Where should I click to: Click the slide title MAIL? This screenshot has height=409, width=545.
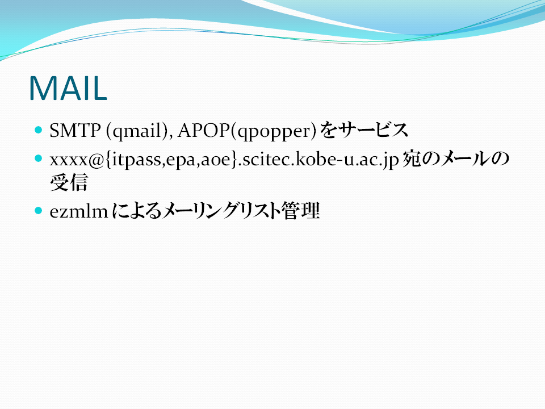[x=68, y=89]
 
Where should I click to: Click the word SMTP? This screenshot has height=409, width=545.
[x=75, y=131]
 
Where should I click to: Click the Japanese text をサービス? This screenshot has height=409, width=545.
[x=364, y=131]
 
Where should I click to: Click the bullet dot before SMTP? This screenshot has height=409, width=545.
[x=38, y=130]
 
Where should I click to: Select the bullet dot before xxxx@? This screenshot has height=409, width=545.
[x=38, y=158]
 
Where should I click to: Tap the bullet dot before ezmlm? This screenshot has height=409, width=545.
[x=38, y=210]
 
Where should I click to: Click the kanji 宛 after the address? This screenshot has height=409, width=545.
[x=412, y=159]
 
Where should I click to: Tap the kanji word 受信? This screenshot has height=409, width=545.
[x=69, y=182]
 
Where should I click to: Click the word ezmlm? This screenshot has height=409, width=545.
[x=79, y=211]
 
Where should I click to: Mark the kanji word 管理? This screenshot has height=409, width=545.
[x=301, y=211]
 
